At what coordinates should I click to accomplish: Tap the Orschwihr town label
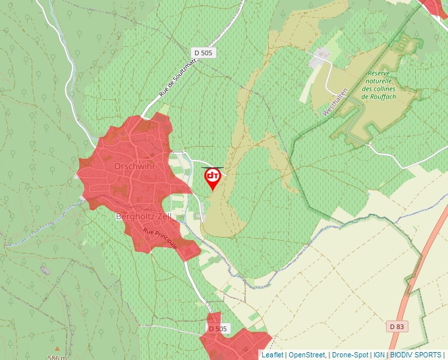click(x=134, y=167)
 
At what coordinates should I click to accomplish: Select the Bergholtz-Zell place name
click(x=144, y=216)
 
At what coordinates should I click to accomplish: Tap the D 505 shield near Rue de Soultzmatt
click(x=204, y=52)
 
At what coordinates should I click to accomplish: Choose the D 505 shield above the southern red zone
click(x=217, y=328)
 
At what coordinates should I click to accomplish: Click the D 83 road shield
click(x=396, y=326)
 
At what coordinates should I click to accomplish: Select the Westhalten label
click(x=334, y=104)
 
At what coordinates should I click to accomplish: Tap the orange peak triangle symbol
click(x=57, y=349)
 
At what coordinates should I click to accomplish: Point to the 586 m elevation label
click(x=57, y=357)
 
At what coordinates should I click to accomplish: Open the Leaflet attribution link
click(x=272, y=355)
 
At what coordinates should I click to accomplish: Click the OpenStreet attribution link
click(x=307, y=355)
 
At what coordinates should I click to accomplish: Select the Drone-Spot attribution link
click(x=350, y=355)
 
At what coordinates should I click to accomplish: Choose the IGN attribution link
click(x=379, y=355)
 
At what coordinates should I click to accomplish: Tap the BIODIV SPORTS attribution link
click(x=416, y=355)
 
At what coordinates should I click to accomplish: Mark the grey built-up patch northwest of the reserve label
click(x=322, y=56)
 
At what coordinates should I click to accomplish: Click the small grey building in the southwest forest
click(x=44, y=269)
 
